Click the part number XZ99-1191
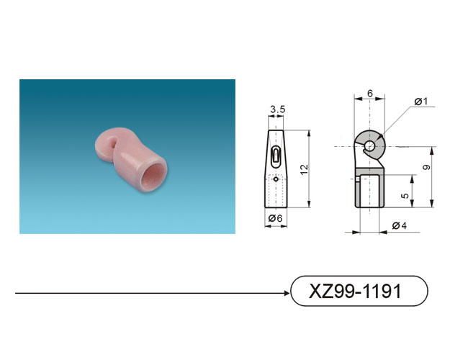coord(355,291)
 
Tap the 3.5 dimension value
coord(278,109)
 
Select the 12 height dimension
coord(304,169)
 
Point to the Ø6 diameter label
coord(275,218)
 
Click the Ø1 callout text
coord(421,102)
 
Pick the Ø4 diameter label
coord(400,225)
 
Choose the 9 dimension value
coord(427,167)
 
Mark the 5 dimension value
coord(405,196)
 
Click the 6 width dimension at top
coord(370,94)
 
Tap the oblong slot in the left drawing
coord(276,156)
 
